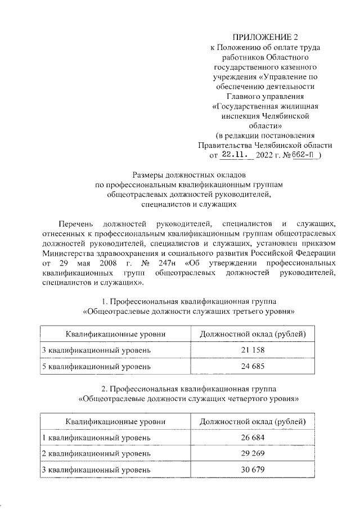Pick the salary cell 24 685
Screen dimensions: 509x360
coord(253,367)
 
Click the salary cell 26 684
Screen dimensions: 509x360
coord(253,438)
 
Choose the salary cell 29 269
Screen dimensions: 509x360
coord(253,454)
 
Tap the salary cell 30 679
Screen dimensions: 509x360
coord(253,470)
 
